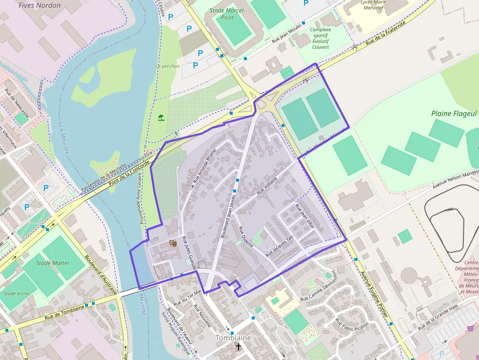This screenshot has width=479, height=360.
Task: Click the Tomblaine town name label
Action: pos(233,338)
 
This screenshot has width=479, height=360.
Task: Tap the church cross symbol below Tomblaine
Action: pos(239,347)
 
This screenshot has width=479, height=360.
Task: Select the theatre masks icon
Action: pos(173,242)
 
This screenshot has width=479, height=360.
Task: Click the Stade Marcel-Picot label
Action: pos(228,14)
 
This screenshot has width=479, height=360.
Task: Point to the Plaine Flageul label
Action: pos(454,113)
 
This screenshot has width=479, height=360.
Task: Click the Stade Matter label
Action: pos(53,263)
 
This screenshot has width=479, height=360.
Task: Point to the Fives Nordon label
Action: pos(40,5)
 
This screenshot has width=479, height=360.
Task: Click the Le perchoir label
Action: pos(168,66)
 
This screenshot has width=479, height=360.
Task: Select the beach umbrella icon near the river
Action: pos(161,117)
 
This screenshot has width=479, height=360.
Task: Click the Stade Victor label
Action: pos(17,294)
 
